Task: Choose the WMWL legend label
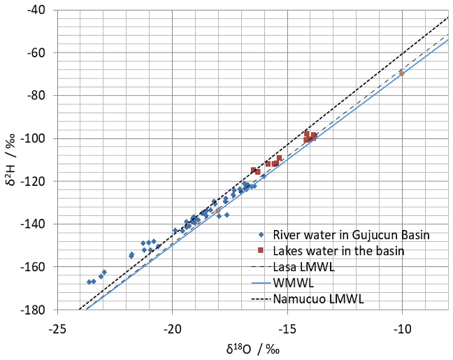(x=291, y=283)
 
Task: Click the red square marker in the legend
(x=260, y=250)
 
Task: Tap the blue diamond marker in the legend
(x=260, y=234)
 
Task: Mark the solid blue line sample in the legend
(x=260, y=283)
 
